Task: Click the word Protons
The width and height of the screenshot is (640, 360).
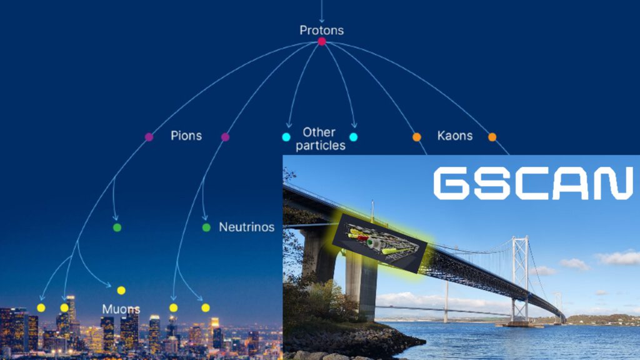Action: tap(322, 30)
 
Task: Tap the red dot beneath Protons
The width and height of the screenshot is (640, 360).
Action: tap(322, 41)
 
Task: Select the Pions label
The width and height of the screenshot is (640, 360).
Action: tap(186, 136)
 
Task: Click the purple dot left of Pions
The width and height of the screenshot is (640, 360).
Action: tap(149, 137)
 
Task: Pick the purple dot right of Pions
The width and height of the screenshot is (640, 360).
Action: tap(225, 137)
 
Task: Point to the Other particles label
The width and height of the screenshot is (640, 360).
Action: tap(321, 139)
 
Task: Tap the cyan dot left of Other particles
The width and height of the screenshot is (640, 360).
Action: tap(286, 137)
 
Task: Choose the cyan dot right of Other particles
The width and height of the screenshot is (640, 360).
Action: tap(354, 137)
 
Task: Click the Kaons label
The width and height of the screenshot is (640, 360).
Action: tap(455, 136)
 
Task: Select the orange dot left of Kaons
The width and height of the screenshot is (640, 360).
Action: tap(417, 137)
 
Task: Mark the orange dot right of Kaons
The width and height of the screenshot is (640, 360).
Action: tap(492, 137)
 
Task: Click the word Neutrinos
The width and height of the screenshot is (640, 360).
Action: tap(246, 227)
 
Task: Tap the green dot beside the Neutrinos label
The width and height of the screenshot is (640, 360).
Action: tap(206, 227)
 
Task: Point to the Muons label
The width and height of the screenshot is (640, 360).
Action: tap(121, 309)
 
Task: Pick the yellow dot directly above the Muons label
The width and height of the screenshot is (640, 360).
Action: tap(121, 290)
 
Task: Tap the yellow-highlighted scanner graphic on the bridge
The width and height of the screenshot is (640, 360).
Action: tap(379, 243)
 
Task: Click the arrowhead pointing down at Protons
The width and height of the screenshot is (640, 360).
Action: tap(322, 19)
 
